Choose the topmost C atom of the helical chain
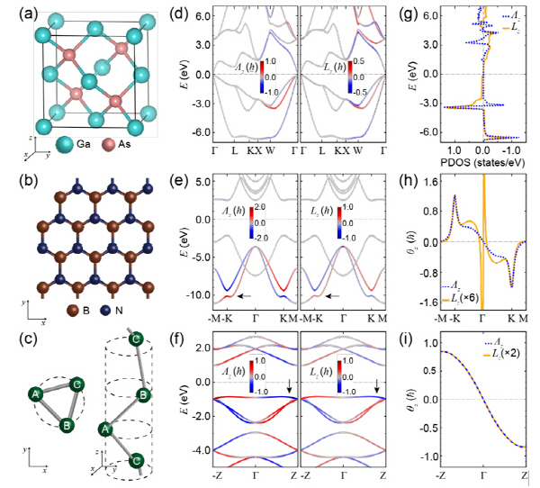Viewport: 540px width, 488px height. (136, 339)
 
